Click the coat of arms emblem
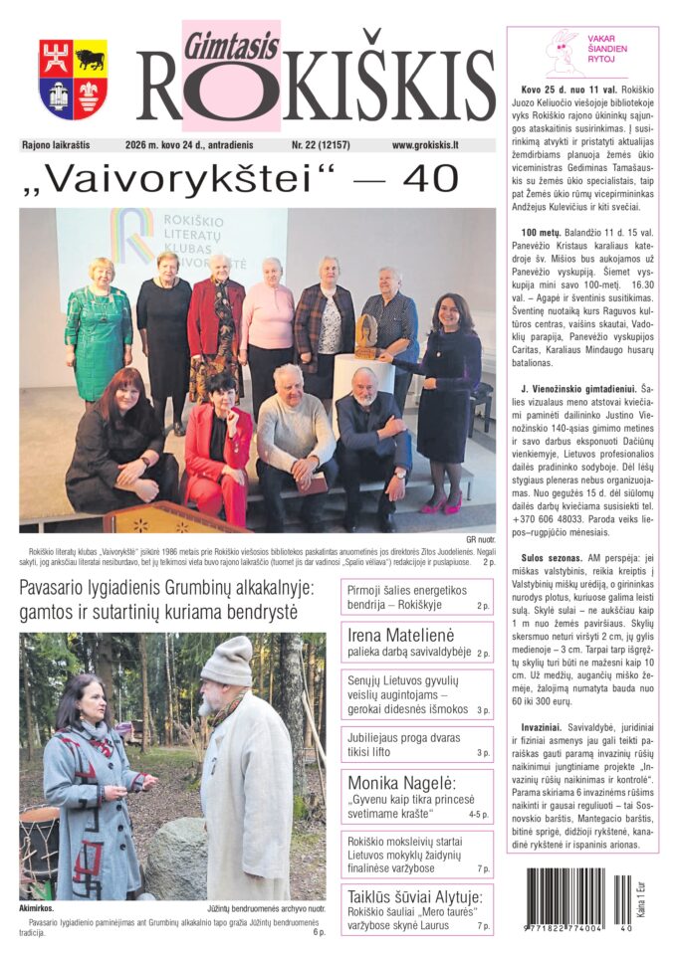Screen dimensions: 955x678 [x=73, y=80]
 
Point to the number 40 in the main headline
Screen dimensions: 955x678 [x=428, y=180]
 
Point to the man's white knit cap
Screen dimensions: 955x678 [x=227, y=661]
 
